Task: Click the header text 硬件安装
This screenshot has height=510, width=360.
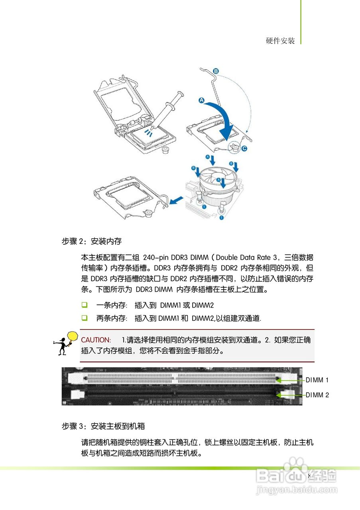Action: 280,41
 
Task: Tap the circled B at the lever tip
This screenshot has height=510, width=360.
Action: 216,71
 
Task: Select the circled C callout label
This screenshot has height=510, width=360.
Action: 244,149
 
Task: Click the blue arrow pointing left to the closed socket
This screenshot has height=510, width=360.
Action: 176,200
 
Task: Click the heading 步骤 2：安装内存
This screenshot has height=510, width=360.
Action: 91,241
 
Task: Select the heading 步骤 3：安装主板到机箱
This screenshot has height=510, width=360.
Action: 103,426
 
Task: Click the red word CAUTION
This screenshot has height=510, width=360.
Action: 96,340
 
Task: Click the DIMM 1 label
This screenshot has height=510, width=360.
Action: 317,380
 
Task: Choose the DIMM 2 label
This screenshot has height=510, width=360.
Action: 317,395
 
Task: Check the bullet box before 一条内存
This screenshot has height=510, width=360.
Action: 85,305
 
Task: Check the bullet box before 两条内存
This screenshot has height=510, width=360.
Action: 85,318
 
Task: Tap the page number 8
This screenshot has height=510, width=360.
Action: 309,476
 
